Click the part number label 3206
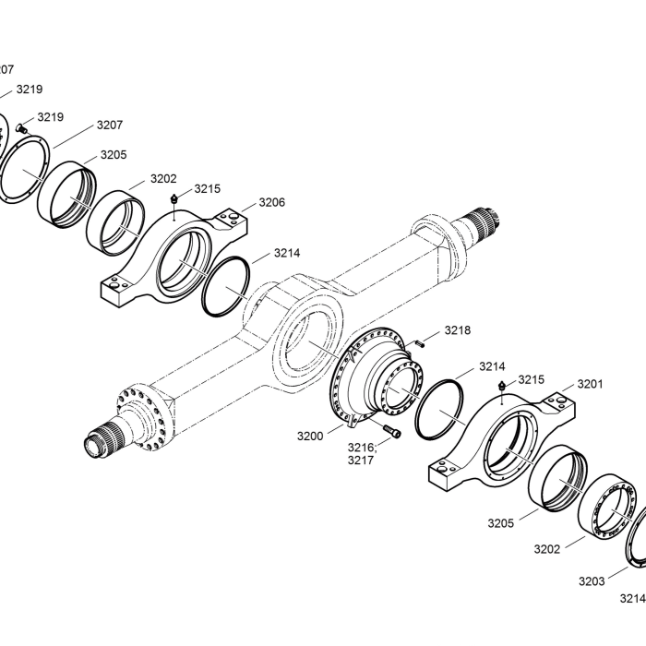[271, 202]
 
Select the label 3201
[591, 384]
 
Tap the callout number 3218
[458, 329]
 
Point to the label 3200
[310, 436]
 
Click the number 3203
[592, 581]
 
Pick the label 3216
[362, 448]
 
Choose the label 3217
[360, 461]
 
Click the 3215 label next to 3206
[208, 188]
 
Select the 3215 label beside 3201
[531, 379]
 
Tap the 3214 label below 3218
[491, 366]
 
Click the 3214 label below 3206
[287, 252]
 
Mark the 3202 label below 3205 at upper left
[163, 179]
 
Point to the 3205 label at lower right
[500, 523]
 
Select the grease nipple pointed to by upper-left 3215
[174, 200]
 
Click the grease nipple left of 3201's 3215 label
[501, 386]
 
